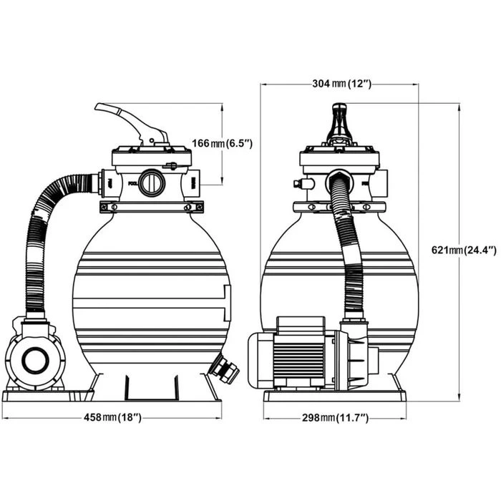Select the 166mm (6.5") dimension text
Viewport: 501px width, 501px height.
pyautogui.click(x=223, y=144)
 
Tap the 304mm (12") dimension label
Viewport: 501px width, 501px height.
pyautogui.click(x=340, y=84)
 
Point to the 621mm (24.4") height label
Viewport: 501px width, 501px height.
pyautogui.click(x=464, y=250)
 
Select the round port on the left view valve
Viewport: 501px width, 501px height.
pyautogui.click(x=152, y=183)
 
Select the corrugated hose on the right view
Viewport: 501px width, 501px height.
pyautogui.click(x=350, y=250)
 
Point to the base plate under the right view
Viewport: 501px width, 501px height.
pyautogui.click(x=334, y=396)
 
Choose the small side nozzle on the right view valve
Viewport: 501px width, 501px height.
pyautogui.click(x=300, y=184)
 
